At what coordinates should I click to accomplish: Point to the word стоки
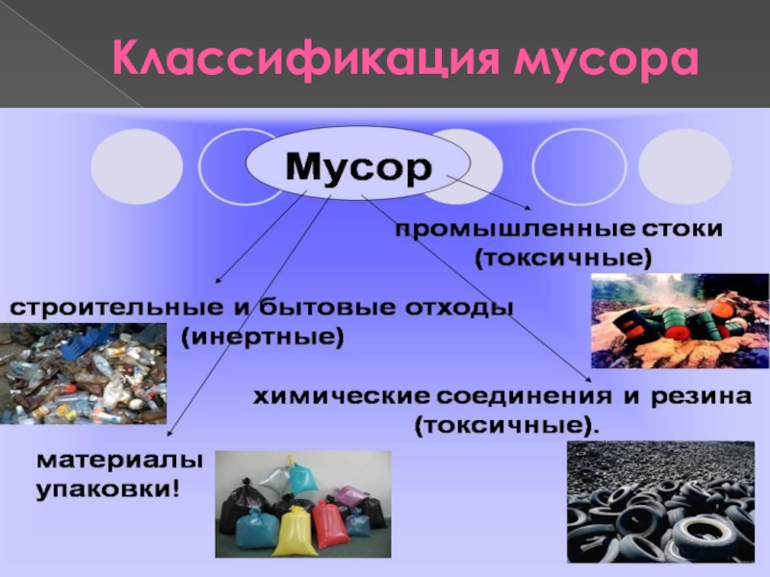coord(677,229)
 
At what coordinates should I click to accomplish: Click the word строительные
coord(115,309)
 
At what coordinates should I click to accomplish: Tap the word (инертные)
coord(262,339)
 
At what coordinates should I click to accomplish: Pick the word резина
coord(702,396)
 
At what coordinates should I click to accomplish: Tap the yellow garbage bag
coord(294,533)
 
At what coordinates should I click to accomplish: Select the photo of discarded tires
coord(660,501)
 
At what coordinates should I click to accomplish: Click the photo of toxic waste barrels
coord(680,321)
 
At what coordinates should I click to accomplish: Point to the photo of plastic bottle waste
coord(83,373)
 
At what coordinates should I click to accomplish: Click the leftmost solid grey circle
coord(137,166)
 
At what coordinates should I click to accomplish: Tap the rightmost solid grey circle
coord(684,166)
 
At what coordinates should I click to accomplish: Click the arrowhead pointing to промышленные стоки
coord(526,208)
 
